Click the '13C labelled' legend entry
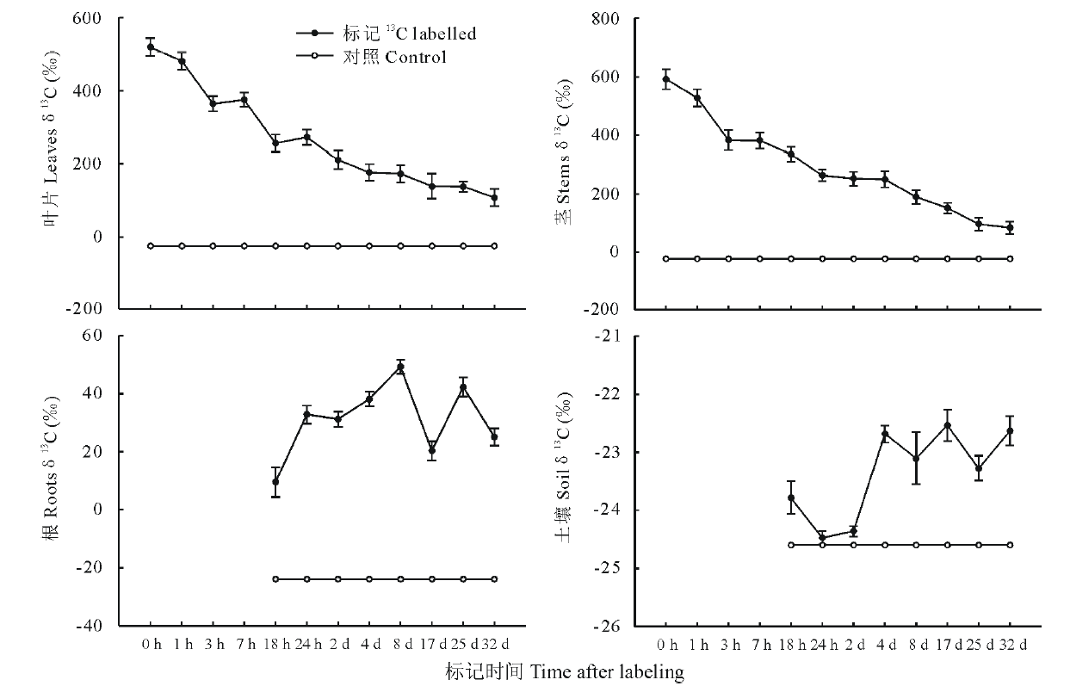(386, 34)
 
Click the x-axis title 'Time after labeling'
(565, 671)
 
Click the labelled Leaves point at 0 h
(151, 47)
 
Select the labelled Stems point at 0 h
(665, 79)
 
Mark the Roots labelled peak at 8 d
(400, 367)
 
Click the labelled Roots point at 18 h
(275, 482)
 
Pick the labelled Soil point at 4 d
(884, 434)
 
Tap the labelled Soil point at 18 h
(790, 498)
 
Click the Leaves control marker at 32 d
(494, 246)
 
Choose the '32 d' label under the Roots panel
(494, 645)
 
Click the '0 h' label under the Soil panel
(665, 645)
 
